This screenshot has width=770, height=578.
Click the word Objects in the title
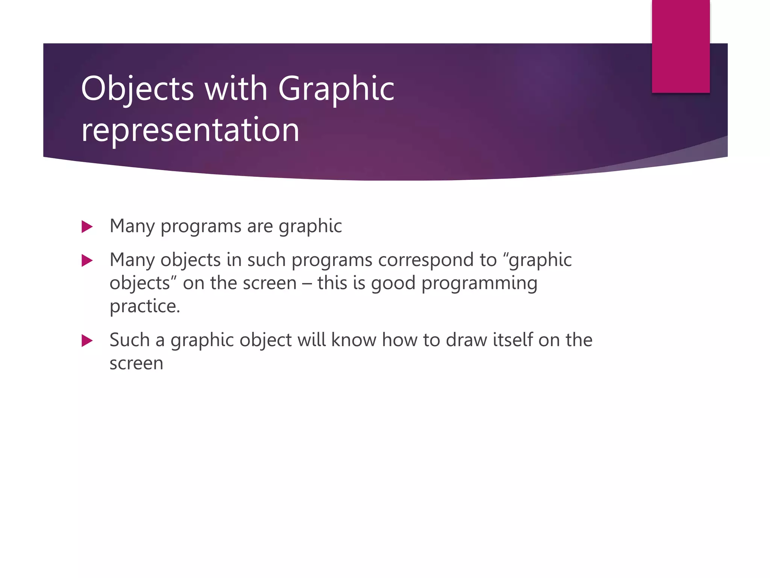(x=137, y=89)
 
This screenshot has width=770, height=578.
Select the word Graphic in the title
(x=336, y=89)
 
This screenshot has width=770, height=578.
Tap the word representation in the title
(x=190, y=129)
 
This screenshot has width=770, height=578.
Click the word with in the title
(x=236, y=89)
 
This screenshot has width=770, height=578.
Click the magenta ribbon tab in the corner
(x=681, y=46)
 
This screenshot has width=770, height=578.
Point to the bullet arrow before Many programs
(x=87, y=227)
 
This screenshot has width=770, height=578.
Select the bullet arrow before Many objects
(x=87, y=260)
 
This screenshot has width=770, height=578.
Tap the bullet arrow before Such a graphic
(x=87, y=341)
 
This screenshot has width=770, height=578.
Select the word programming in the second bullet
(x=479, y=283)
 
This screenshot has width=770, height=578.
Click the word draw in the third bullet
(x=467, y=340)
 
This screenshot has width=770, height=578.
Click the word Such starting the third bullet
(x=130, y=340)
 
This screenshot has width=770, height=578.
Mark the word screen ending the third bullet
(x=136, y=364)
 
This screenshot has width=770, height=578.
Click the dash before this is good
(x=307, y=283)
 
